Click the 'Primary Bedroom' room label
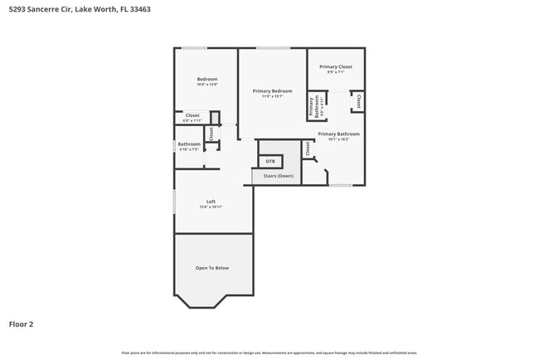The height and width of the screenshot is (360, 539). tap(273, 90)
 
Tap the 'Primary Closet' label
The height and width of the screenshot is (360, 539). tap(336, 66)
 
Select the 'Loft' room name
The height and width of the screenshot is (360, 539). tap(211, 202)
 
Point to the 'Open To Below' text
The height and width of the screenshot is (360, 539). tap(212, 268)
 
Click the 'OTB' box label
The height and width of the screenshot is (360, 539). tap(270, 161)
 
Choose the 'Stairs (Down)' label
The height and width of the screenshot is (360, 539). tap(279, 176)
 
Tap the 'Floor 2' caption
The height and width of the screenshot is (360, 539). tap(22, 324)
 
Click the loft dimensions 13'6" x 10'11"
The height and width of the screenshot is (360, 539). tap(211, 207)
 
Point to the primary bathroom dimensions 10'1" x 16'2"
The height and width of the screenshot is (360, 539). tap(338, 139)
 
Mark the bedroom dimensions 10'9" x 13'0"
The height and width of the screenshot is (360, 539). tap(207, 85)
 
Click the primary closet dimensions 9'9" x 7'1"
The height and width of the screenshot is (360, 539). tap(336, 72)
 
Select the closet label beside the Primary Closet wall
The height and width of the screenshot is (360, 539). tap(358, 100)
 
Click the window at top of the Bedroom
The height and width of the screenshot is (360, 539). tap(195, 47)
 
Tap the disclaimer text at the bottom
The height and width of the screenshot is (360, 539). tap(269, 353)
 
